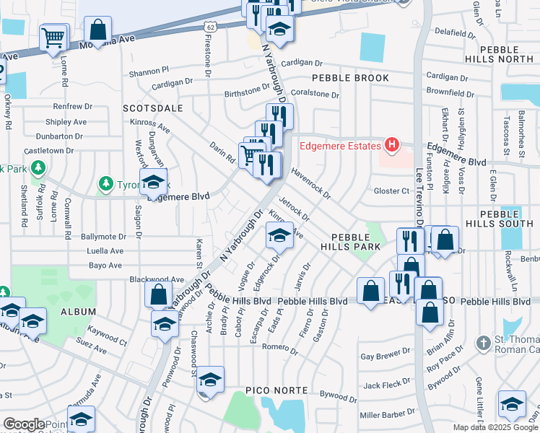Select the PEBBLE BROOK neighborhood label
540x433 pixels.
(x=350, y=78)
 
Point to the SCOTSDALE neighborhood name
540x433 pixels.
(x=152, y=108)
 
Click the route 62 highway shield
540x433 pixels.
(x=209, y=26)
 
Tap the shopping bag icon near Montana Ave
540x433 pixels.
(x=98, y=31)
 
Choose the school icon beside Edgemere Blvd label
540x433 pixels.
(x=153, y=183)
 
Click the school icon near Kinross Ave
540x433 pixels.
(x=280, y=234)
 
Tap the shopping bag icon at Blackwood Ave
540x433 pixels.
(x=158, y=294)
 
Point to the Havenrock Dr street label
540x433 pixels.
(x=310, y=184)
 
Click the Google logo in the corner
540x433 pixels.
(x=23, y=424)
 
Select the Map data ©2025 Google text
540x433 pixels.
(x=495, y=427)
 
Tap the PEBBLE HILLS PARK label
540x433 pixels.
(x=355, y=242)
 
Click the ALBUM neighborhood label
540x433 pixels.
(x=78, y=311)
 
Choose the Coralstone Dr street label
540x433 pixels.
(x=315, y=94)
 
